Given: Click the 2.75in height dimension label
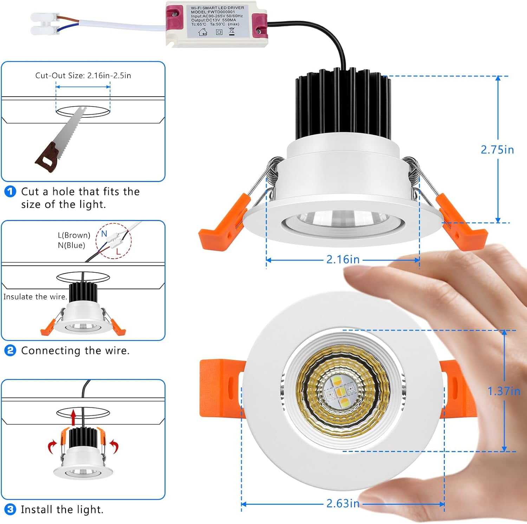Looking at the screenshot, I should coord(497,150).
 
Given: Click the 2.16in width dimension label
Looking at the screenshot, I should coord(343,259).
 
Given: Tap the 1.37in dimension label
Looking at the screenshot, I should coord(503,391).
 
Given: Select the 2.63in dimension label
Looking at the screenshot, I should coord(343,503).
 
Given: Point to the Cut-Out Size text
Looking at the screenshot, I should coord(83,76).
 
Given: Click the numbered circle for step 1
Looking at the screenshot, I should coord(10,192).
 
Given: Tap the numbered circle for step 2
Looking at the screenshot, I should coord(10,350).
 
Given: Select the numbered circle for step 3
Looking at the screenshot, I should coord(10,509).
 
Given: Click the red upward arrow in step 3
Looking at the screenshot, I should coord(73,417).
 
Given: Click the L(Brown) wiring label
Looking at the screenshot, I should coord(74,235).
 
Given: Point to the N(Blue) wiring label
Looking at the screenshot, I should coord(71,245).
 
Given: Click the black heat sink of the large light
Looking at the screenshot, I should coord(343,105).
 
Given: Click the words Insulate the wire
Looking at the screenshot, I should coord(35,297).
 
